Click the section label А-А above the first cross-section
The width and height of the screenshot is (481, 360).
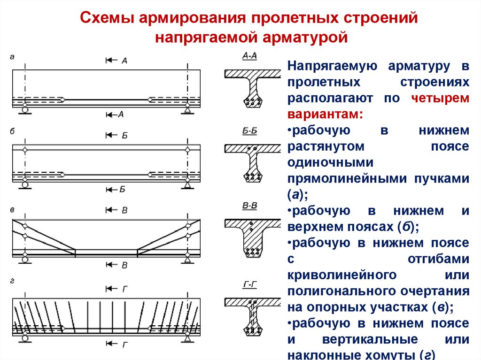249,56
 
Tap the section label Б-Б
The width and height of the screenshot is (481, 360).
249,131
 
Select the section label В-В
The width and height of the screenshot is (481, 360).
249,206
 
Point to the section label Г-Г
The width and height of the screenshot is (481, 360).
249,285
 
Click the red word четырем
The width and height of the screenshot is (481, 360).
440,98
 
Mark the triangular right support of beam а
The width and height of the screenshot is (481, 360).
187,110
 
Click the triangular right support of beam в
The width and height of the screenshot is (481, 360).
187,259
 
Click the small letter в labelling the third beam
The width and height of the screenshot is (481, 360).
12,207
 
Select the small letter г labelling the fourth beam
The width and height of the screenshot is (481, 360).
12,282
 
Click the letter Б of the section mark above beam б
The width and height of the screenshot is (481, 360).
124,135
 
